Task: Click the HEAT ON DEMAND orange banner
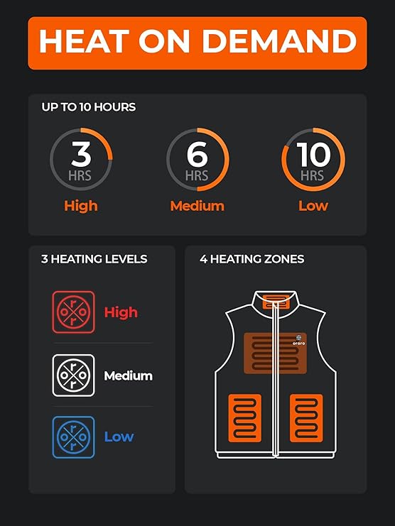tap(197, 43)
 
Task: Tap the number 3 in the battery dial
tap(81, 154)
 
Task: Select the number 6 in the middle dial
tap(197, 154)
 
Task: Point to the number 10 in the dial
tap(313, 154)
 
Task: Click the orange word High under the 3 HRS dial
tap(80, 206)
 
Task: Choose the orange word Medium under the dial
tap(197, 206)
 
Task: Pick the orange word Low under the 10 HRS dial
tap(313, 206)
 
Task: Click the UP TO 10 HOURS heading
tap(89, 107)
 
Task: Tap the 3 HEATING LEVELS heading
tap(94, 259)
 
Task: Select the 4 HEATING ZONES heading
tap(252, 259)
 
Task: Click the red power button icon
tap(73, 312)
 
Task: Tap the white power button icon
tap(73, 375)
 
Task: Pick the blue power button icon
tap(73, 437)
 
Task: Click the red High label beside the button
tap(121, 312)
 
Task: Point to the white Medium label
tap(128, 376)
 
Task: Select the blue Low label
tap(119, 437)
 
